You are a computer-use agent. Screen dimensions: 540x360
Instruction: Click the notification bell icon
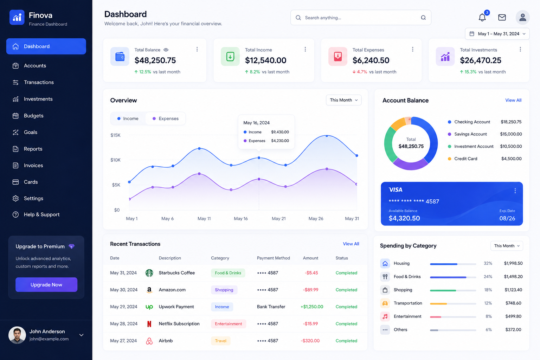pos(482,17)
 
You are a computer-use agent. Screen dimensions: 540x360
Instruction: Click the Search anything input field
pos(361,18)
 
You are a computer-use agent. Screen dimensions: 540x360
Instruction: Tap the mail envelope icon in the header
pos(502,17)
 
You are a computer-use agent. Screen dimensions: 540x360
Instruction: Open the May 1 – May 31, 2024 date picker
pos(497,34)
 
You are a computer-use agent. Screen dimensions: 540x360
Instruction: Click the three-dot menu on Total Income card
pos(305,50)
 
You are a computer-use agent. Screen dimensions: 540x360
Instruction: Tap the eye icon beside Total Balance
pos(166,50)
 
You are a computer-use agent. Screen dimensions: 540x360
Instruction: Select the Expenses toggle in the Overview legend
pos(166,118)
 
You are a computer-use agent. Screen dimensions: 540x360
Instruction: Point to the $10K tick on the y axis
pos(115,160)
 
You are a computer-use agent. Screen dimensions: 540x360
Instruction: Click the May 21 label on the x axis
pos(279,219)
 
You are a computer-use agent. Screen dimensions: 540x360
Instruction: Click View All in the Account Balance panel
pos(513,100)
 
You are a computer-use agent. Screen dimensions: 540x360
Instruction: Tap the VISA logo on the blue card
pos(396,190)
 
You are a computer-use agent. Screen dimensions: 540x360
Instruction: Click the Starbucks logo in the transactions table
pos(149,273)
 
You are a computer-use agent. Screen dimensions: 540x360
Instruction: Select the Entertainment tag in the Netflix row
pos(229,324)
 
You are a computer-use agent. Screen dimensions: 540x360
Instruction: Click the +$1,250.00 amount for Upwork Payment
pos(312,307)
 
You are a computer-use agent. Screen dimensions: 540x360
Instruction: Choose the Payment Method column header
pos(274,258)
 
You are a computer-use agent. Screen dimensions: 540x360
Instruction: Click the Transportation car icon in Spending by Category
pos(385,303)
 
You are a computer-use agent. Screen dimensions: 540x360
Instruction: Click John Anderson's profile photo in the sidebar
pos(17,335)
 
